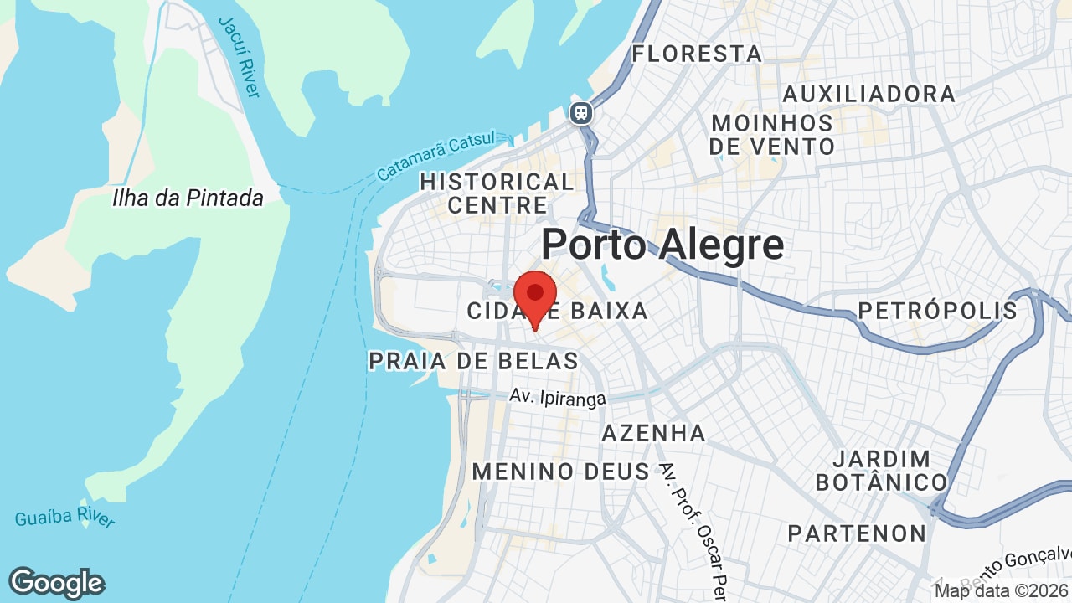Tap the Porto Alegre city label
(x=662, y=245)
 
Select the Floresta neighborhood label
(x=697, y=54)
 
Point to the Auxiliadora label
(x=868, y=94)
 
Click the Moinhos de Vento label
(x=772, y=135)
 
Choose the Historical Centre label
(x=497, y=193)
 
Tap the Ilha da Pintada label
(x=188, y=198)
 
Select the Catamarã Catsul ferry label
(x=435, y=156)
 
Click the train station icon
(x=581, y=113)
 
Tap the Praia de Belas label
(x=473, y=361)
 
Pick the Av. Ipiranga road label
(x=558, y=398)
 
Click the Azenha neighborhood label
(x=654, y=433)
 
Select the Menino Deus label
(x=561, y=472)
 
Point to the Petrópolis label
(x=937, y=311)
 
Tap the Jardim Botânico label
(x=881, y=471)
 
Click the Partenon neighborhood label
(x=857, y=533)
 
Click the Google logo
(x=56, y=583)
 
